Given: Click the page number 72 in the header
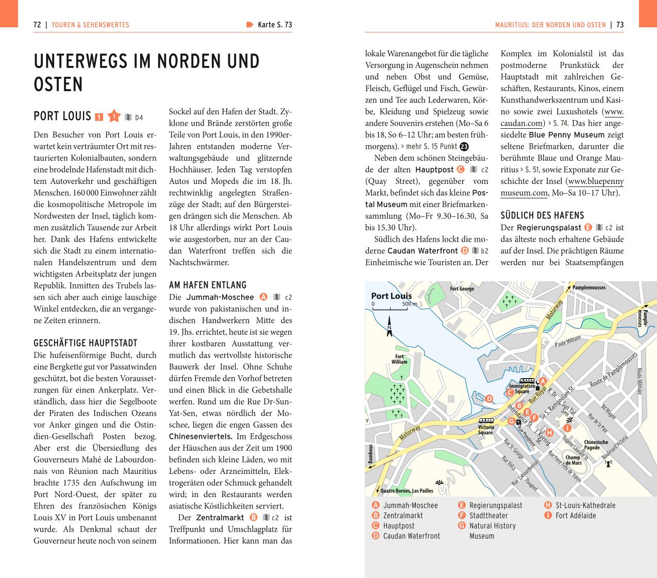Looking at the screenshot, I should point(37,25).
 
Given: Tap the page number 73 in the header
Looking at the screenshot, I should point(620,25).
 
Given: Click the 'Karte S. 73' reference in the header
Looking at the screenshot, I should point(274,25).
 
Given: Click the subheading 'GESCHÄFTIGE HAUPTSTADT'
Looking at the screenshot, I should point(86,343).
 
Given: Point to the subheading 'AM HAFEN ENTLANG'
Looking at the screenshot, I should point(208,285).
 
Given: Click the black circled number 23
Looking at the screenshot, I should point(464,147).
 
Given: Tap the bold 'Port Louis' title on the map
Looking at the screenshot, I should point(391,296).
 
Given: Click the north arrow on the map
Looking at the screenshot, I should point(390,327).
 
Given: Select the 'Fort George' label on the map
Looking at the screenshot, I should point(462,289).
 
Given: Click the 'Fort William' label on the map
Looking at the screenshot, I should point(399,359).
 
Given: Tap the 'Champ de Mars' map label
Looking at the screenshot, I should point(573,460).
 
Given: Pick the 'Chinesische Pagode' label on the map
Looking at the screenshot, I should point(596,445).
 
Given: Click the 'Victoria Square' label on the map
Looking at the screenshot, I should point(485,430).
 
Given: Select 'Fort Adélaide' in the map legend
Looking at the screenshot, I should point(576,516).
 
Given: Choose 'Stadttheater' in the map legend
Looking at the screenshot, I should point(488,516).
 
